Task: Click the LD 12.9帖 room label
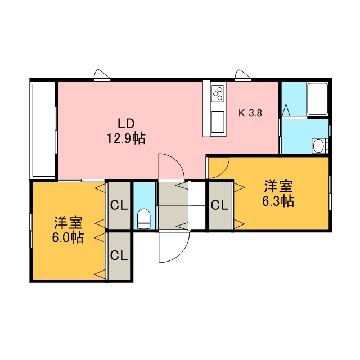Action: point(126,131)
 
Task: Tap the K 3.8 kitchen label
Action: point(250,113)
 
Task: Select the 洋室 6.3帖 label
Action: point(278,194)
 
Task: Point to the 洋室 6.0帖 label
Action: point(68,230)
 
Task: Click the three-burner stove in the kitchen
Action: point(218,93)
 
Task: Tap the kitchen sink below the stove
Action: point(218,122)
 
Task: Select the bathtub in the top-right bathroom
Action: point(317,99)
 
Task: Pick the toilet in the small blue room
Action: point(144,219)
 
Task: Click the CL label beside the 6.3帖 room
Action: point(220,205)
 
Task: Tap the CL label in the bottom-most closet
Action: point(119,255)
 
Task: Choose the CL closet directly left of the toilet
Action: point(119,205)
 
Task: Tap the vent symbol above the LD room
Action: point(102,75)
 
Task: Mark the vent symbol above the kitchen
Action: point(242,75)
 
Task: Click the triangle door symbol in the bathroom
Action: point(286,110)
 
